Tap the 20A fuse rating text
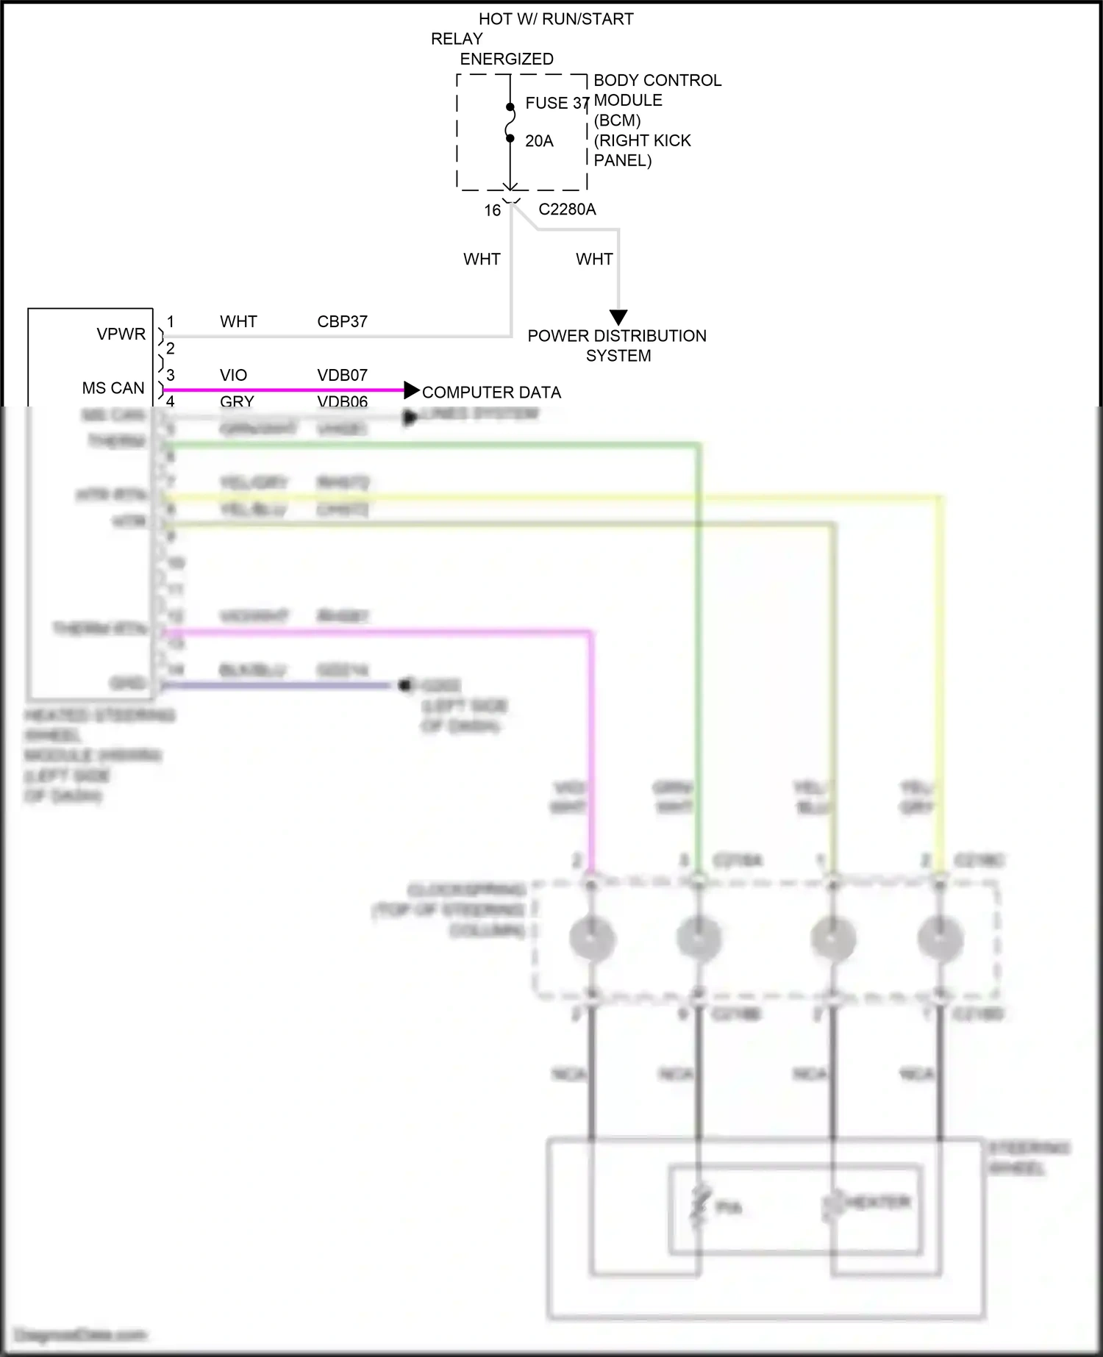tap(539, 141)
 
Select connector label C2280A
tap(567, 210)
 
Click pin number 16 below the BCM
tap(492, 210)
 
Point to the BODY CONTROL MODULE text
tap(657, 90)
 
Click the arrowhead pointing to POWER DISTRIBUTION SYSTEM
tap(618, 318)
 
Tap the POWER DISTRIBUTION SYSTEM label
tap(617, 345)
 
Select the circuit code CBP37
tap(342, 321)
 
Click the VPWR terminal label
tap(121, 334)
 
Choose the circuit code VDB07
tap(342, 375)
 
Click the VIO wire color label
tap(233, 375)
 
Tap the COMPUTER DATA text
tap(491, 393)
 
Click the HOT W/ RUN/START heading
tap(556, 19)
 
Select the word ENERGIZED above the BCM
tap(507, 59)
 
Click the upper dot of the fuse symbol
tap(510, 107)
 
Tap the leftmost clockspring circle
tap(592, 939)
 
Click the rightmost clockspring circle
tap(940, 939)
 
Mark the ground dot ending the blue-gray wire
tap(403, 685)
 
